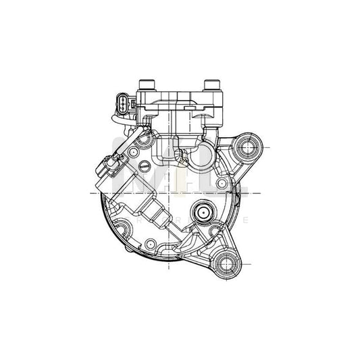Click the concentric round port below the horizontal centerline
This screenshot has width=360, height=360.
(202, 213)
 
